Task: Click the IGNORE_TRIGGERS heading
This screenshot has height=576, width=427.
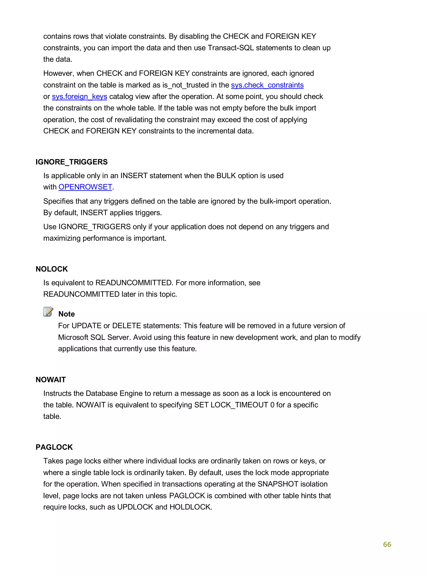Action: [x=72, y=162]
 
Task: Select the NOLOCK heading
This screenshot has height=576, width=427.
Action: [x=52, y=269]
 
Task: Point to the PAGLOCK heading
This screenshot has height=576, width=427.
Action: [x=54, y=447]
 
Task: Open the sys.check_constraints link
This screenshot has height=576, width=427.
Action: [x=267, y=85]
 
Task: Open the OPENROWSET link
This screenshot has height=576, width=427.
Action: [x=85, y=187]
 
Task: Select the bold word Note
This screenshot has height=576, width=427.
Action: [x=67, y=314]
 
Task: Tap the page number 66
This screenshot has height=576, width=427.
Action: [x=387, y=544]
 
